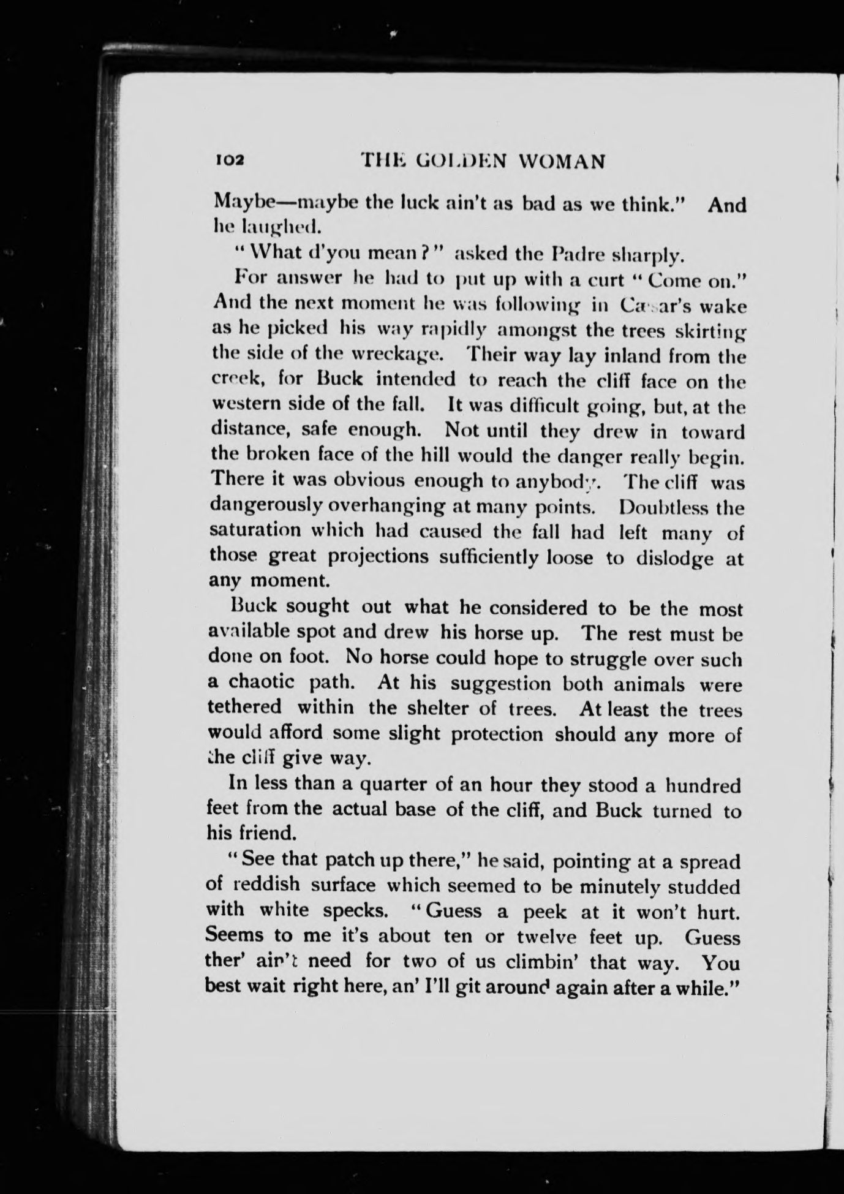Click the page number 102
(x=230, y=161)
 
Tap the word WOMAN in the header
(x=562, y=161)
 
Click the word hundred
(x=703, y=785)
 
